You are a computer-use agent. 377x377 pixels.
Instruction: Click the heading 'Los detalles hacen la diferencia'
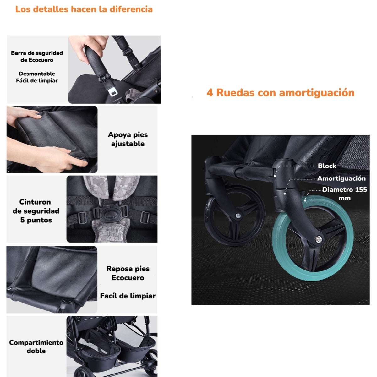(84, 9)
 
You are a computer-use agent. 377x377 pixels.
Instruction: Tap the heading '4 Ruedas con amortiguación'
(280, 93)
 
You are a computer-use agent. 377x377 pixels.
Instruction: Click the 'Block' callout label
(327, 166)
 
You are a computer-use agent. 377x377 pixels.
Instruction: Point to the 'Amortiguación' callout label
(341, 178)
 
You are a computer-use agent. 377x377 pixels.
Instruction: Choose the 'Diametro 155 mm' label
(344, 194)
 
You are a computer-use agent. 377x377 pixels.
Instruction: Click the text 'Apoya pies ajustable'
(128, 139)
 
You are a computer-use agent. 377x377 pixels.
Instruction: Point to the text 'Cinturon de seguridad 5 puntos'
(36, 211)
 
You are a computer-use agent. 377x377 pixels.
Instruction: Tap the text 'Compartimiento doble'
(36, 347)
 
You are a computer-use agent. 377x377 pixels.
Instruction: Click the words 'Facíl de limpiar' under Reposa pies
(128, 296)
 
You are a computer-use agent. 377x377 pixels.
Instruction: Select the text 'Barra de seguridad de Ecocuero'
(37, 57)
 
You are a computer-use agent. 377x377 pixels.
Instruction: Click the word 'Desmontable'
(37, 74)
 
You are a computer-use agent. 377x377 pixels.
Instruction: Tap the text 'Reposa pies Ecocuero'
(128, 273)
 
